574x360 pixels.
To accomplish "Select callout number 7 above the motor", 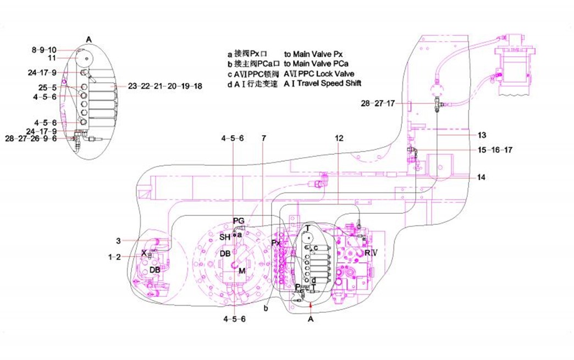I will tap(263, 139).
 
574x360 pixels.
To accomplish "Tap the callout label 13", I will tap(481, 135).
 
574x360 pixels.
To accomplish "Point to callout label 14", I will tap(481, 177).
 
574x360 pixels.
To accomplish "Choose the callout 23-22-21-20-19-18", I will tap(165, 86).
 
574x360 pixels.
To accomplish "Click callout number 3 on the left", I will tap(118, 240).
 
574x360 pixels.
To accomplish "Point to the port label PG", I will tap(238, 220).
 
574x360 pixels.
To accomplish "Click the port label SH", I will tap(225, 237).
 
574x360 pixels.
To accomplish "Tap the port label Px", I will tap(276, 242).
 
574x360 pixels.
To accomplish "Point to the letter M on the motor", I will tap(241, 270).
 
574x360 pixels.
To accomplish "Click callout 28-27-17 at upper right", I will tap(378, 103).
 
